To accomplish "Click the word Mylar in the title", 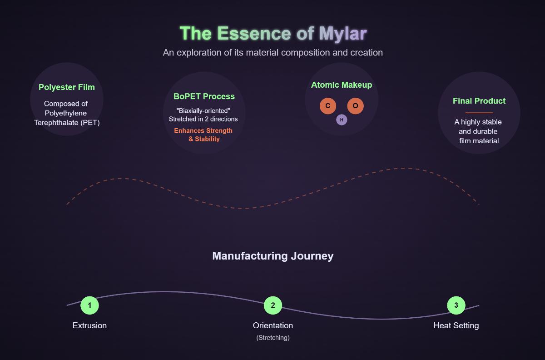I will pos(342,34).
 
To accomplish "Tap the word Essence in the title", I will pos(254,34).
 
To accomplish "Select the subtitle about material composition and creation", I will pos(272,53).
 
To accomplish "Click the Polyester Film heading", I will pos(67,87).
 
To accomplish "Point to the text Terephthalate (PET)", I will pos(67,123).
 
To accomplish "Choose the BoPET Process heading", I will pos(204,96).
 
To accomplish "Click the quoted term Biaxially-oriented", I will pos(203,111).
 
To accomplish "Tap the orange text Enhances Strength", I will pos(203,131).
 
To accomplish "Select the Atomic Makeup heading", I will pos(342,85).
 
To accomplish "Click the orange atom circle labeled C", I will pos(328,106).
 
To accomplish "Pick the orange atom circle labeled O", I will pos(355,106).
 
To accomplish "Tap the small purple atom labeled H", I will pos(342,120).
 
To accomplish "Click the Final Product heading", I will pos(479,101).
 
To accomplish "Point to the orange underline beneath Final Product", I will pos(479,112).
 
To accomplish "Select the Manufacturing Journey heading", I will pos(272,256).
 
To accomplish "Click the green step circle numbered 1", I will pos(89,305).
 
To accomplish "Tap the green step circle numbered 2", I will pos(273,305).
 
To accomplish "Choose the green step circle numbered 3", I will pos(456,305).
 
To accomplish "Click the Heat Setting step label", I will pos(456,325).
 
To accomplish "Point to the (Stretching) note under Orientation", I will pos(273,338).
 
